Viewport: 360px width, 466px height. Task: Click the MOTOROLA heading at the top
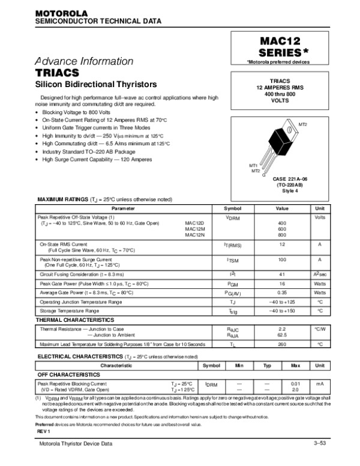62,13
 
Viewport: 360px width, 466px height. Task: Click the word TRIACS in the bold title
58,73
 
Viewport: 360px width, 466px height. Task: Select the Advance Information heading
84,61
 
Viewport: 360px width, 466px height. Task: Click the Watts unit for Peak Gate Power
320,283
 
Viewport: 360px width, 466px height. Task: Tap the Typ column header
268,365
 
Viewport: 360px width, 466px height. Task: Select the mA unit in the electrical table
320,383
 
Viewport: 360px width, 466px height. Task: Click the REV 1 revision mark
44,432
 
